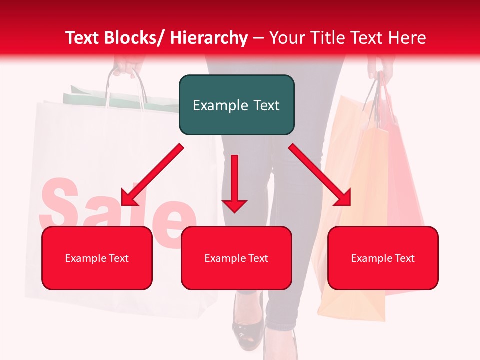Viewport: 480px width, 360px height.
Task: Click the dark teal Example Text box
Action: click(236, 105)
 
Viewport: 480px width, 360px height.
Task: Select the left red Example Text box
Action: click(97, 258)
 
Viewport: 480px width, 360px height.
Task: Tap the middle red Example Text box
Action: click(236, 258)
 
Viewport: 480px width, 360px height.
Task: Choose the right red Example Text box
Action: click(383, 258)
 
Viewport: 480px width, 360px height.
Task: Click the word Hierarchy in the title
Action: click(209, 38)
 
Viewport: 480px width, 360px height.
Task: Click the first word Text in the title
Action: click(82, 38)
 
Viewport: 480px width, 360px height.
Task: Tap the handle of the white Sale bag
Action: click(125, 85)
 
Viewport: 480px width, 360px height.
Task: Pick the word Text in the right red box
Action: click(404, 258)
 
